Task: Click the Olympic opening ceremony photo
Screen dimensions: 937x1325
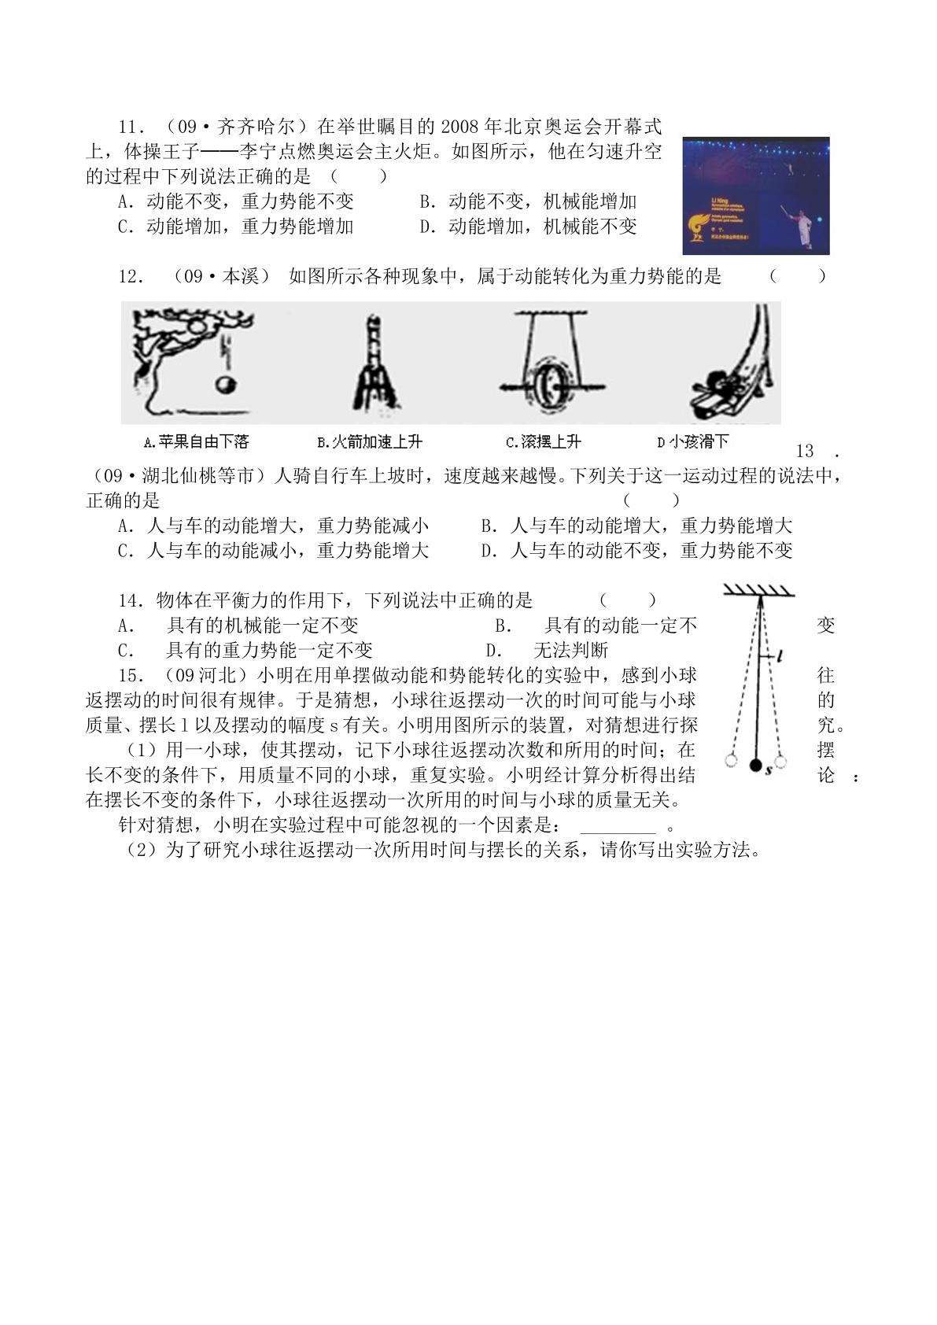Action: [755, 196]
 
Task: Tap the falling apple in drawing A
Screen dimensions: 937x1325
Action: [225, 385]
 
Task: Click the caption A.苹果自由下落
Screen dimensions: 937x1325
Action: [197, 442]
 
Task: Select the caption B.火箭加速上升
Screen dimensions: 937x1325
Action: [370, 442]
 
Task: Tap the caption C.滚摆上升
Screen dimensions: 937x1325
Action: [543, 442]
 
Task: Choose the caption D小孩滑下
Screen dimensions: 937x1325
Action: [692, 442]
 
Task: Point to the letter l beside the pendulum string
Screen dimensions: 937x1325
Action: [780, 655]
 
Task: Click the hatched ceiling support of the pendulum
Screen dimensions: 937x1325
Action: [759, 590]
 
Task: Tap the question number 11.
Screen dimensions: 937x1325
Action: [130, 127]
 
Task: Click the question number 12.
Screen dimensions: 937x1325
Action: [130, 276]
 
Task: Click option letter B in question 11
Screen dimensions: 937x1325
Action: [426, 201]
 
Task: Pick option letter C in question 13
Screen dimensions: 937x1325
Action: [125, 551]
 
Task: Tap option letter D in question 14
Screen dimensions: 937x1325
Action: [493, 651]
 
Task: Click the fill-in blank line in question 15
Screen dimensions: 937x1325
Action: [618, 832]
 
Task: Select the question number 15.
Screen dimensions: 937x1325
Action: [130, 676]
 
